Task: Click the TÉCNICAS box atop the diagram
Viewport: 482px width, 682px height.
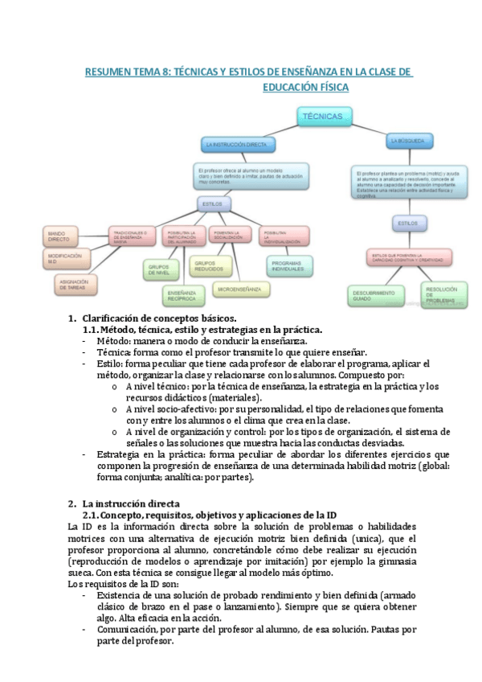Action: pos(323,118)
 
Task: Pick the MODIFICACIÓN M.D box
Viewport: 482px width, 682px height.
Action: pos(64,258)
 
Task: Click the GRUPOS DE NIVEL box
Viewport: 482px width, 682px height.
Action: pos(161,269)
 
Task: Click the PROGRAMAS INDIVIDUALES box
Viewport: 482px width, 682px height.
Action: pos(290,265)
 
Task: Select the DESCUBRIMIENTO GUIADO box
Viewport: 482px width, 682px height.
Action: pos(374,295)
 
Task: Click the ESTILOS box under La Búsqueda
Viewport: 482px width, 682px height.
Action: pos(408,222)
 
